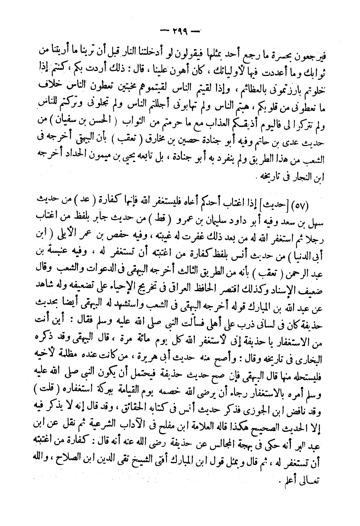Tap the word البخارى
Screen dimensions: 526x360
[308, 384]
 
